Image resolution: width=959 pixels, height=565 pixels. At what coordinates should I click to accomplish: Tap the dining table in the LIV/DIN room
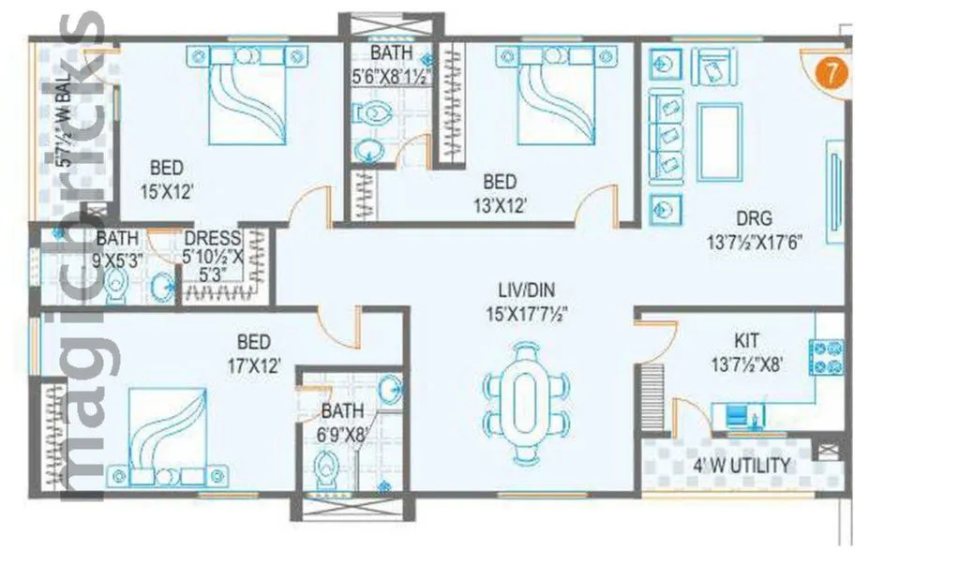point(526,403)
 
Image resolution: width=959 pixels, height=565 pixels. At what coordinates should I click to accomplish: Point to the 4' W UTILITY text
point(741,465)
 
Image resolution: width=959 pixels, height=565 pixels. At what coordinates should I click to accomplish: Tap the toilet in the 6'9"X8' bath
point(327,465)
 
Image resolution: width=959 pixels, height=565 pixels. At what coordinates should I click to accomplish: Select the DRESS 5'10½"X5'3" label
point(213,255)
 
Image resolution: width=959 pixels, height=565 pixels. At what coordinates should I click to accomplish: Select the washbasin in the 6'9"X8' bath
point(391,387)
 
